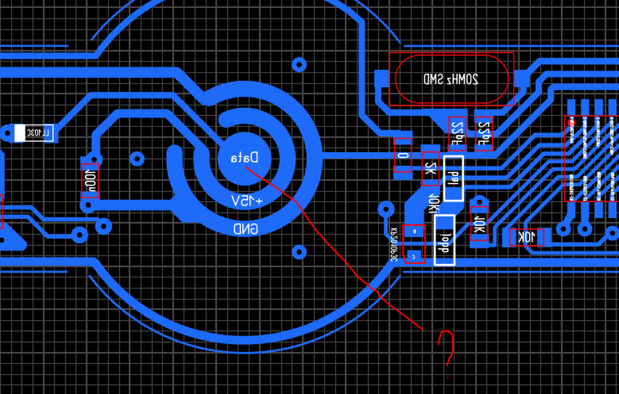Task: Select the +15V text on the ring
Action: coord(247,201)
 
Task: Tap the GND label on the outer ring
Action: coord(246,229)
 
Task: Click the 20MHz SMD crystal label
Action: coord(451,79)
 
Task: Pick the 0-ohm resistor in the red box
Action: coord(403,155)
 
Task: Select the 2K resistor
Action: coord(430,169)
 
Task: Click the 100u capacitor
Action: coord(90,181)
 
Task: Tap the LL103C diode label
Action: coord(38,133)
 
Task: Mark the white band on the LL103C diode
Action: coord(20,133)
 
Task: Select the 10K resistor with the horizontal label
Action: coord(527,237)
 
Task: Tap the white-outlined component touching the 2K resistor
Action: coord(454,178)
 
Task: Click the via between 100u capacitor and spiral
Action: coord(137,158)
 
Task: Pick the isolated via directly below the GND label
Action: coord(299,252)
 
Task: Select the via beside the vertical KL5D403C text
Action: coord(386,209)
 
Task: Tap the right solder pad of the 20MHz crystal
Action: coord(521,79)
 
